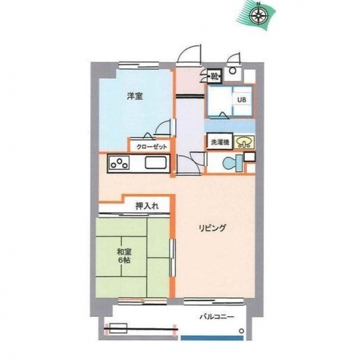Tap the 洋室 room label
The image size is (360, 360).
pyautogui.click(x=135, y=96)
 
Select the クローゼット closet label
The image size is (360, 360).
pyautogui.click(x=152, y=147)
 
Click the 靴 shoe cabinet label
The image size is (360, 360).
pyautogui.click(x=215, y=76)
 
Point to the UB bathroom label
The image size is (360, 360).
pyautogui.click(x=241, y=99)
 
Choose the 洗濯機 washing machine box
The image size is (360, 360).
pyautogui.click(x=220, y=142)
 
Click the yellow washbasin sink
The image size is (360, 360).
pyautogui.click(x=244, y=143)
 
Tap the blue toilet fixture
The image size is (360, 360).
pyautogui.click(x=232, y=163)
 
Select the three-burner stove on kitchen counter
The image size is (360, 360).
pyautogui.click(x=119, y=163)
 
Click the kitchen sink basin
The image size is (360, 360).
pyautogui.click(x=156, y=163)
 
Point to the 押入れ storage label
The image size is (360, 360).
pyautogui.click(x=147, y=206)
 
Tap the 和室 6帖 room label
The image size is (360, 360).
pyautogui.click(x=124, y=256)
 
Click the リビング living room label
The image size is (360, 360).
pyautogui.click(x=213, y=228)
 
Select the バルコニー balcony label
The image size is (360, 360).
pyautogui.click(x=217, y=317)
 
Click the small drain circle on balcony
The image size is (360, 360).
pyautogui.click(x=241, y=331)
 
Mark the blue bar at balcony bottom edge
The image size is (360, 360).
pyautogui.click(x=212, y=338)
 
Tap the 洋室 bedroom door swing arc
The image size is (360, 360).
pyautogui.click(x=162, y=126)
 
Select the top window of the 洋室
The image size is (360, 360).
pyautogui.click(x=139, y=66)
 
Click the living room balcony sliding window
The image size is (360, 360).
pyautogui.click(x=213, y=302)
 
